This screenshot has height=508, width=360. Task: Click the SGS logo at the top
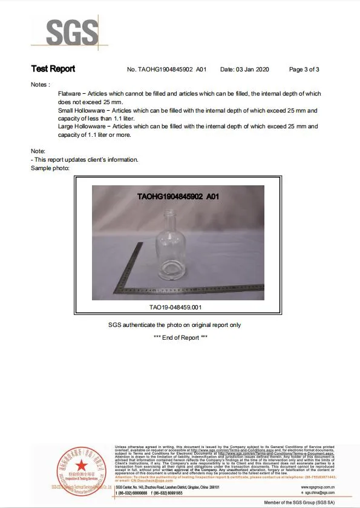[72, 32]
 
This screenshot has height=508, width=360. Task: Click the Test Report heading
[53, 69]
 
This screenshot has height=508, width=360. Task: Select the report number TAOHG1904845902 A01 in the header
[167, 70]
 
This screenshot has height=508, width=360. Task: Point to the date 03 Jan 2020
[245, 70]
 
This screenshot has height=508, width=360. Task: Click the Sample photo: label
[50, 168]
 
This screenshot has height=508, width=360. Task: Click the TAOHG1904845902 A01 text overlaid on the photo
[178, 197]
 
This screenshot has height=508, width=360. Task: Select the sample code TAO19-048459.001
[175, 307]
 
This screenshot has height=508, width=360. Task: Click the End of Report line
[180, 338]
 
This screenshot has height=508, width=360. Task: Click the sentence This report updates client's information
[85, 159]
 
